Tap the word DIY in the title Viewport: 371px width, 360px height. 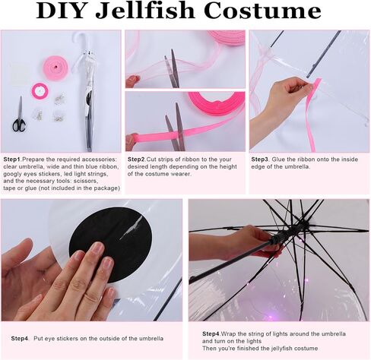[60, 11]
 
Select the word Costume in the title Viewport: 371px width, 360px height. [262, 11]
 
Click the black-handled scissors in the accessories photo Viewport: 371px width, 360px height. [19, 115]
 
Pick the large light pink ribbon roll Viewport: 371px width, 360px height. [55, 68]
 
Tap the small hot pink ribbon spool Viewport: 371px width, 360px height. [40, 91]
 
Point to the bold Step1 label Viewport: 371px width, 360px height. [11, 159]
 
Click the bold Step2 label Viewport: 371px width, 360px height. [136, 159]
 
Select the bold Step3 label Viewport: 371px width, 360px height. [260, 159]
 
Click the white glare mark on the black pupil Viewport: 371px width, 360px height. [131, 228]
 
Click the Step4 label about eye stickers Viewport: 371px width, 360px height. [20, 339]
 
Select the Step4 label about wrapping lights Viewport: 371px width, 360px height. [211, 333]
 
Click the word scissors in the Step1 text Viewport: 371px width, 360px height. [86, 181]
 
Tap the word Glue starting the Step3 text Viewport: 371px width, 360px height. [278, 159]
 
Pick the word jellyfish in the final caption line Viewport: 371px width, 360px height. [279, 349]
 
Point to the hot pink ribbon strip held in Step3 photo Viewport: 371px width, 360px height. [312, 112]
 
